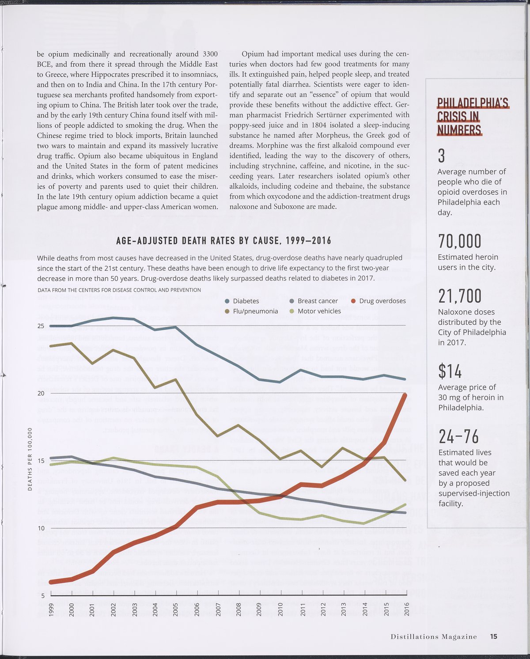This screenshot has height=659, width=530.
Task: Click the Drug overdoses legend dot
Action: (353, 301)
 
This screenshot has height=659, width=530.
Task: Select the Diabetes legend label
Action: (246, 301)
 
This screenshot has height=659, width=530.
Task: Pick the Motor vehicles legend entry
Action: (319, 311)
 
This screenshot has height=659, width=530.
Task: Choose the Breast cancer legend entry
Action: (317, 301)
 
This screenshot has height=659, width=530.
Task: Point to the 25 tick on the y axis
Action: (41, 326)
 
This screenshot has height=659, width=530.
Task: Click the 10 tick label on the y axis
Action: (41, 528)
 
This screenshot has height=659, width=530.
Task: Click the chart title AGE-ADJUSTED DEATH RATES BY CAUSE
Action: (223, 241)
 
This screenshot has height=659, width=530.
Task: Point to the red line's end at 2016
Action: (405, 394)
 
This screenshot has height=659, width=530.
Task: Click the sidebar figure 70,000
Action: (459, 242)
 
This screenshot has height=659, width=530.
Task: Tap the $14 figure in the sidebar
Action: (450, 371)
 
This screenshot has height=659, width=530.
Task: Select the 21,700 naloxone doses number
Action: (459, 296)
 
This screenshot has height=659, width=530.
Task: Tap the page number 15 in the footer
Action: (493, 636)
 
